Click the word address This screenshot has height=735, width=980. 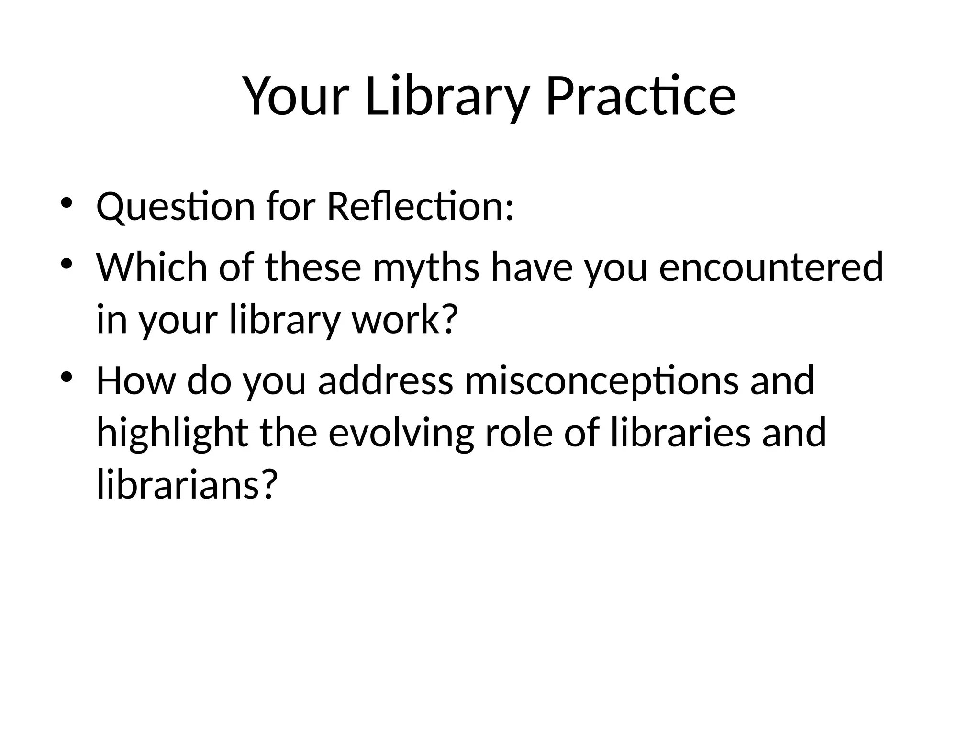(385, 380)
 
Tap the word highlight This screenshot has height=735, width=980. (172, 433)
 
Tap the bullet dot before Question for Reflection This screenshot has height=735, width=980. (67, 202)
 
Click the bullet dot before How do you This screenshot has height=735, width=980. (67, 376)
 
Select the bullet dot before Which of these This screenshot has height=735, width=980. (67, 263)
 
